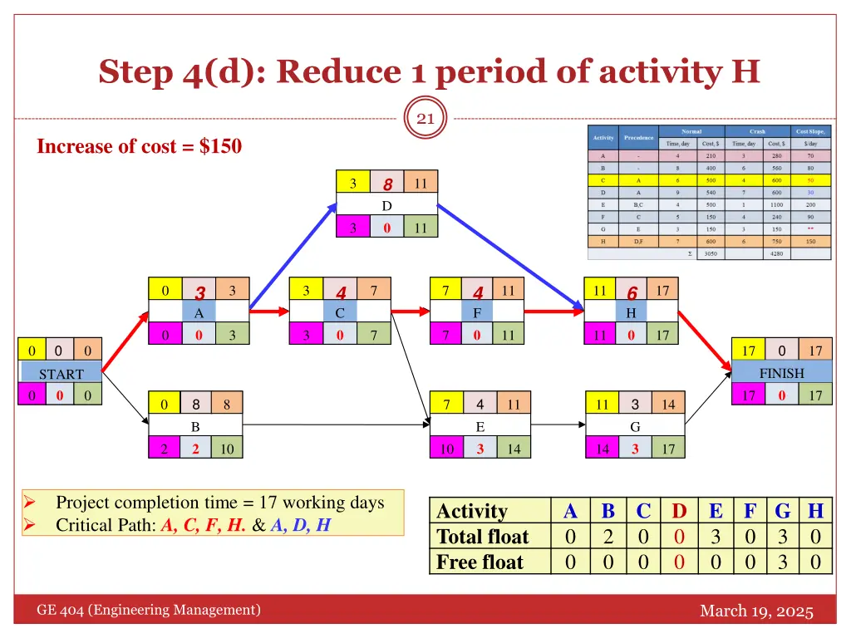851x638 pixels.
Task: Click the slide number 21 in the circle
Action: point(425,119)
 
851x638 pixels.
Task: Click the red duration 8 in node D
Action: point(387,184)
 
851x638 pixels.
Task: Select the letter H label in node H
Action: point(632,313)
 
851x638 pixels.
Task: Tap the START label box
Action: point(61,374)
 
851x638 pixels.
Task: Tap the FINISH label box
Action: point(781,373)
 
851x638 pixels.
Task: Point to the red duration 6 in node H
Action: point(632,292)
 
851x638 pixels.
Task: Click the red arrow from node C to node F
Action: point(410,312)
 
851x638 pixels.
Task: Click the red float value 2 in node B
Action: point(196,449)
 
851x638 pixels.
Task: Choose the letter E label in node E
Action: point(480,427)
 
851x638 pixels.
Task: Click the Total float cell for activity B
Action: point(608,537)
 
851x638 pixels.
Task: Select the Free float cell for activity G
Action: point(781,562)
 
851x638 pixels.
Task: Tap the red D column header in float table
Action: point(679,511)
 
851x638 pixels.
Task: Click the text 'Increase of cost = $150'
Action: point(140,147)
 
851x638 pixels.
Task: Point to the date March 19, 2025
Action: point(756,611)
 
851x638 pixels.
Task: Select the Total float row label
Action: point(483,537)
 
